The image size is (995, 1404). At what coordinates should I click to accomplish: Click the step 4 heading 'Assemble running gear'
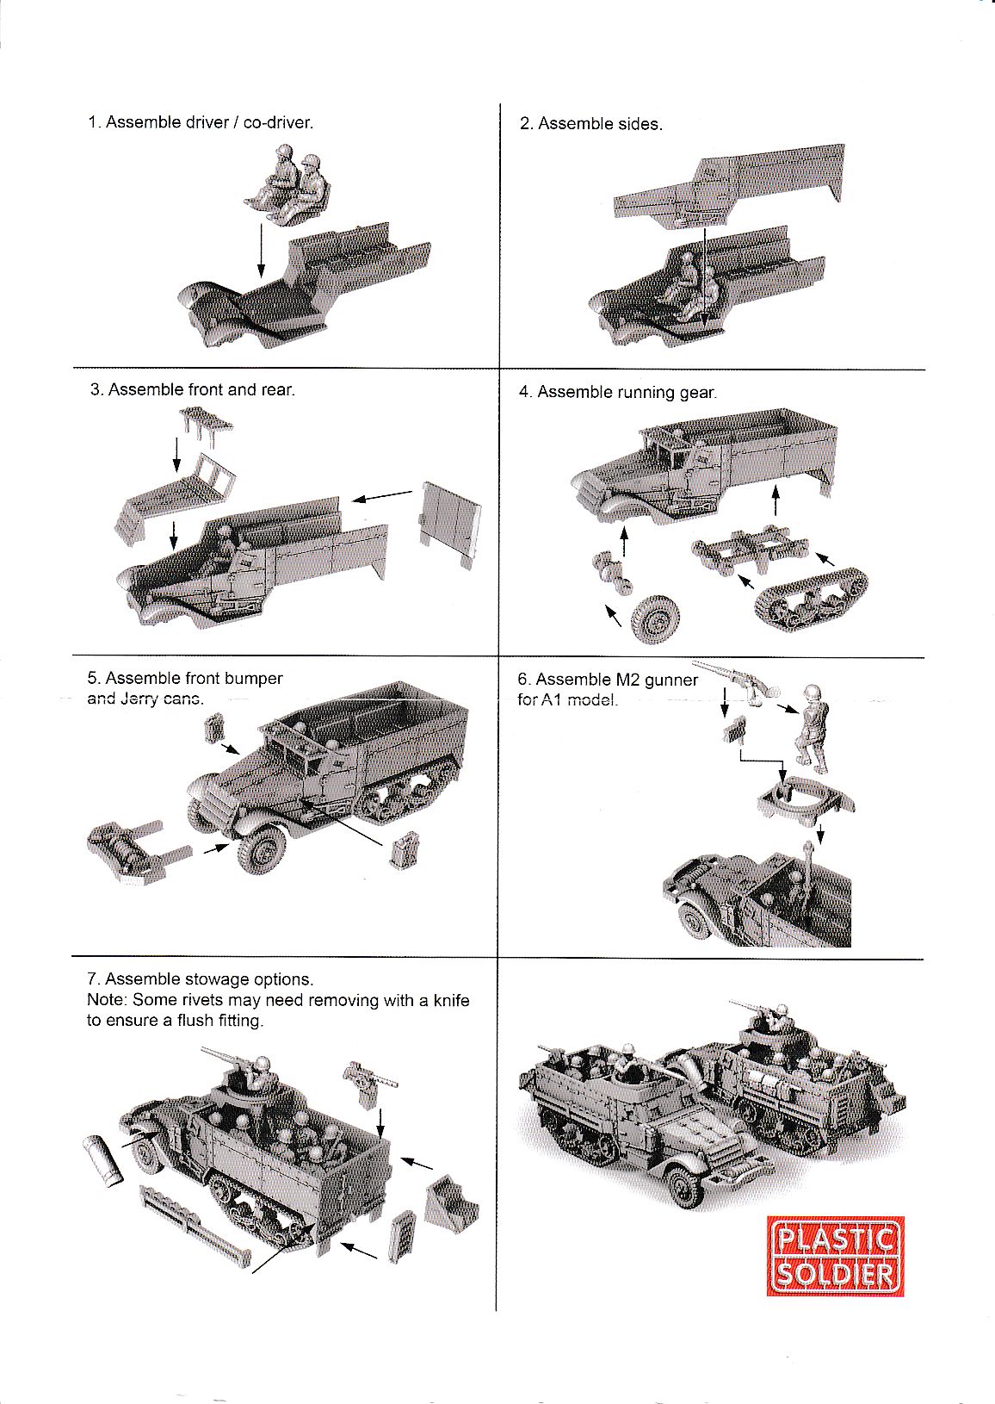click(x=626, y=393)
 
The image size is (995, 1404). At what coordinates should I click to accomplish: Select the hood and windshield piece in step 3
click(x=176, y=500)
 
